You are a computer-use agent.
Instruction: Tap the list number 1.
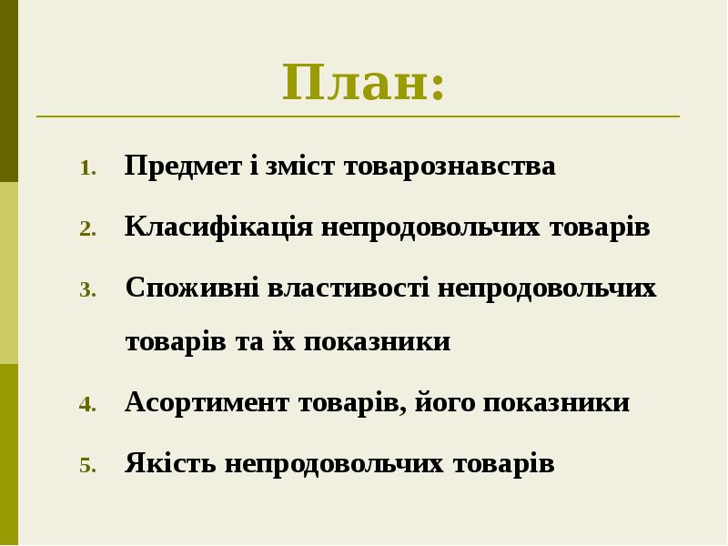tap(86, 168)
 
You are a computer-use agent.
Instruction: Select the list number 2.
tap(86, 229)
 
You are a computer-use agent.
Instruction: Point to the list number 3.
tap(86, 290)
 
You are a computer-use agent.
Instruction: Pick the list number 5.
tap(86, 466)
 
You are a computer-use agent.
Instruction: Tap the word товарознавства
tap(450, 167)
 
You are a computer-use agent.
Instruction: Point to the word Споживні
tap(191, 288)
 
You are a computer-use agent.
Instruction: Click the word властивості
tap(349, 288)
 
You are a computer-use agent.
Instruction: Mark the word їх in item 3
tap(281, 341)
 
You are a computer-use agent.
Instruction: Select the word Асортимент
tap(207, 402)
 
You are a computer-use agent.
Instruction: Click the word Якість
tap(170, 463)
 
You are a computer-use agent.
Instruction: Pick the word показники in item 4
tap(555, 402)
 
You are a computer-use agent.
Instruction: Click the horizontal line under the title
tap(358, 116)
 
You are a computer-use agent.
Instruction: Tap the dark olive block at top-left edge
tap(8, 91)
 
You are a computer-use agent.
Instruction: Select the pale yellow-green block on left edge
tap(8, 273)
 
